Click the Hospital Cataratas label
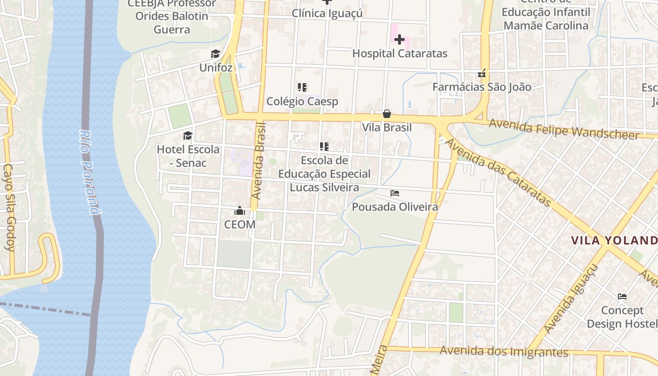[399, 54]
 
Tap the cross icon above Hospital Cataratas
[399, 39]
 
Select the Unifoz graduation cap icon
[215, 54]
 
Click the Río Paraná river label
[90, 172]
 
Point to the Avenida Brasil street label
[258, 161]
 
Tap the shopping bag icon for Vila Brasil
[386, 114]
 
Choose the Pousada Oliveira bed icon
[395, 193]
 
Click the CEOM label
[240, 225]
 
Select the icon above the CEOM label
[240, 211]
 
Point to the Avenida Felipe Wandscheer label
[564, 129]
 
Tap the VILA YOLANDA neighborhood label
[614, 241]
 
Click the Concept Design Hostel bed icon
[622, 297]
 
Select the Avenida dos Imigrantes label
[504, 352]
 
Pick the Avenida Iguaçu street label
[571, 299]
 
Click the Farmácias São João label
[482, 87]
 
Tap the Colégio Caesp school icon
[302, 87]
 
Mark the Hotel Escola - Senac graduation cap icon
[188, 136]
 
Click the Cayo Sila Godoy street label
[9, 207]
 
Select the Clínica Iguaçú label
[327, 13]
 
